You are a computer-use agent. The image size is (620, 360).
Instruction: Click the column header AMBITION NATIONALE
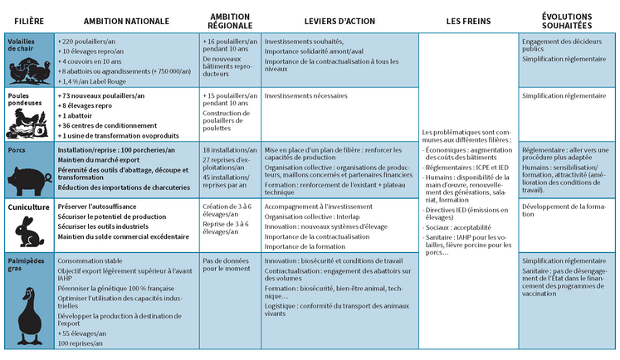pos(126,19)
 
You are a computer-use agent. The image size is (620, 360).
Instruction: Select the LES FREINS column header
pos(467,19)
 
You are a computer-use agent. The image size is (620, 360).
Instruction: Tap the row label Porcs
pos(17,150)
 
